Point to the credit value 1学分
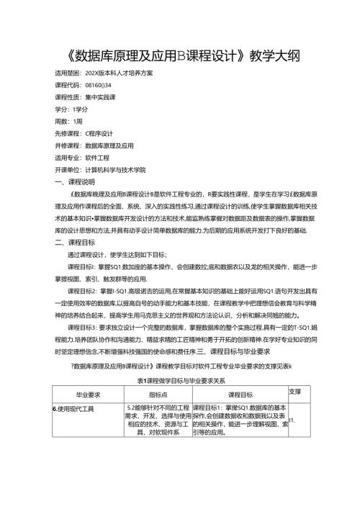point(81,107)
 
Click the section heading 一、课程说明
point(74,182)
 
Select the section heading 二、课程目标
point(74,242)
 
